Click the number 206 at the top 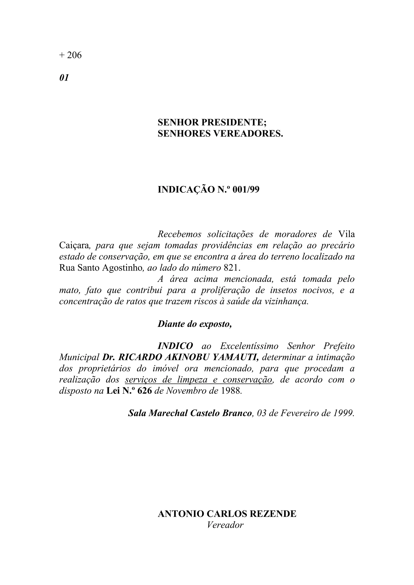(74, 55)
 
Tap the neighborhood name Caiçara (74, 245)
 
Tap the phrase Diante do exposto (195, 324)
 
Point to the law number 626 (145, 391)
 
